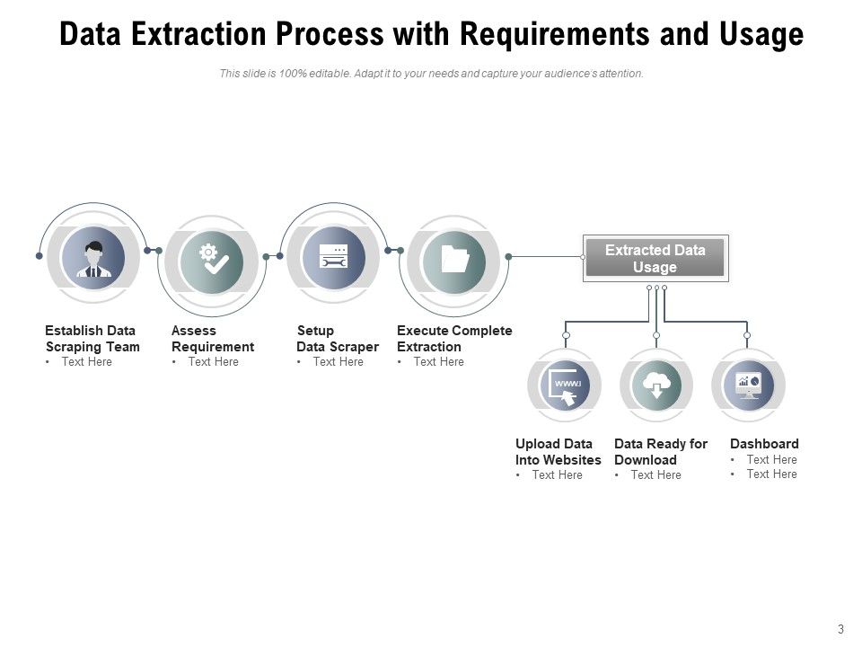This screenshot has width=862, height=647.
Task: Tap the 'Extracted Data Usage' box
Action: coord(655,259)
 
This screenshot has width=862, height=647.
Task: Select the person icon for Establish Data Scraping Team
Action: coord(93,258)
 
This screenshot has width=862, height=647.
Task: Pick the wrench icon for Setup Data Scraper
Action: coord(334,258)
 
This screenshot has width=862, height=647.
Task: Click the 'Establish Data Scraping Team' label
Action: coord(92,339)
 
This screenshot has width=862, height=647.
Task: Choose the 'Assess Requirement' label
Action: coord(213,339)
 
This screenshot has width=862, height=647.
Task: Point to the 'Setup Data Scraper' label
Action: coord(337,339)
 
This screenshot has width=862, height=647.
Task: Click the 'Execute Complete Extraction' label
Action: coord(454,339)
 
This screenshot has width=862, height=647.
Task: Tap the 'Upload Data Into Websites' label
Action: coord(558,452)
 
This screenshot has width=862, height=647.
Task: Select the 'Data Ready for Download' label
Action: coord(661,452)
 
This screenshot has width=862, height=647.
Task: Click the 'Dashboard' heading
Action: coord(764,444)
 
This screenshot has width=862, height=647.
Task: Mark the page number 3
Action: coord(840,629)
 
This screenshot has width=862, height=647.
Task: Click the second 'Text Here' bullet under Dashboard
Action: coord(771,474)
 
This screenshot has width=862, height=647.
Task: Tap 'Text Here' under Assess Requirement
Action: coord(213,362)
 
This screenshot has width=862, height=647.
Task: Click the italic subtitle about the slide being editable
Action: coord(431,74)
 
